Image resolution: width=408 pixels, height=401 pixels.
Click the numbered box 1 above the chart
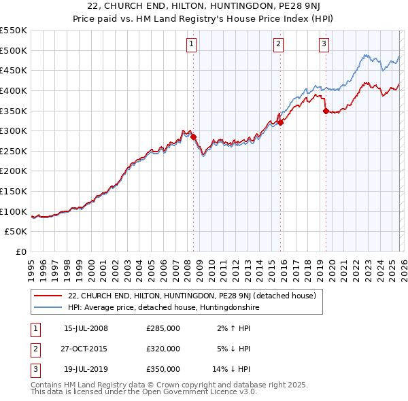(x=191, y=44)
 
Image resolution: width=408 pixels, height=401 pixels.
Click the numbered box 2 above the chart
(x=279, y=44)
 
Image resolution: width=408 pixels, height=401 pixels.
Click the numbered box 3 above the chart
(x=324, y=44)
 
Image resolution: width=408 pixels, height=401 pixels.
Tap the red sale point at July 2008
(x=193, y=137)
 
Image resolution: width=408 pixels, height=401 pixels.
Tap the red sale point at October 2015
(x=280, y=122)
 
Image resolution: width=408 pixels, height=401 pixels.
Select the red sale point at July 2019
(x=326, y=111)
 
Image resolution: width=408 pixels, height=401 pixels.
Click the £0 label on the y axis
(x=20, y=252)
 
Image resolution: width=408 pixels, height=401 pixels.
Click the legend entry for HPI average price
(x=164, y=308)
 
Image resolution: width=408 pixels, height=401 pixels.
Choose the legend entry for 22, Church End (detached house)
(x=192, y=296)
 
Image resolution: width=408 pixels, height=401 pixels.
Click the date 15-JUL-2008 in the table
(x=86, y=328)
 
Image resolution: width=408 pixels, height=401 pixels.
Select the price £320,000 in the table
(x=163, y=349)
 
